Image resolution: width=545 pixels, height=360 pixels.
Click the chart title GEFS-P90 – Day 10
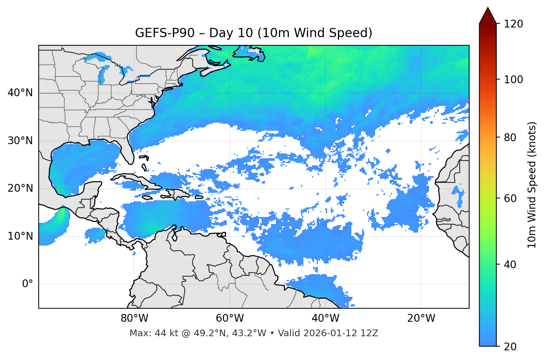pos(254,33)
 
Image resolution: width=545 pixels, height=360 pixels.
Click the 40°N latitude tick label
pos(20,93)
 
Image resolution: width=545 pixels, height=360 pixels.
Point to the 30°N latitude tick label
pos(20,141)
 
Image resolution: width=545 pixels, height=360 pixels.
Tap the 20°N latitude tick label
pos(20,188)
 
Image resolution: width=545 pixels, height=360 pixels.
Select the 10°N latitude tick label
pos(20,236)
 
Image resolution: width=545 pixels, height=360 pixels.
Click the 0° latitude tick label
pos(28,284)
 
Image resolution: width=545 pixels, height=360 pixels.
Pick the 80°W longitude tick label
pos(134,318)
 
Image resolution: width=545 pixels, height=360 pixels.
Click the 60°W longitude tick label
pos(230,318)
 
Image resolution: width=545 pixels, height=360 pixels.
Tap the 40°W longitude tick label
pos(325,318)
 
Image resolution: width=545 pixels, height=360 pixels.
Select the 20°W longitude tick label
pos(421,318)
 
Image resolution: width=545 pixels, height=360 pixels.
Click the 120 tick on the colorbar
pos(513,24)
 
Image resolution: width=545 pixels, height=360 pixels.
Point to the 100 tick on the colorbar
pos(513,80)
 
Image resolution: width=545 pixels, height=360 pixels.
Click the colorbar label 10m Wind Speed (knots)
pos(532,185)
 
